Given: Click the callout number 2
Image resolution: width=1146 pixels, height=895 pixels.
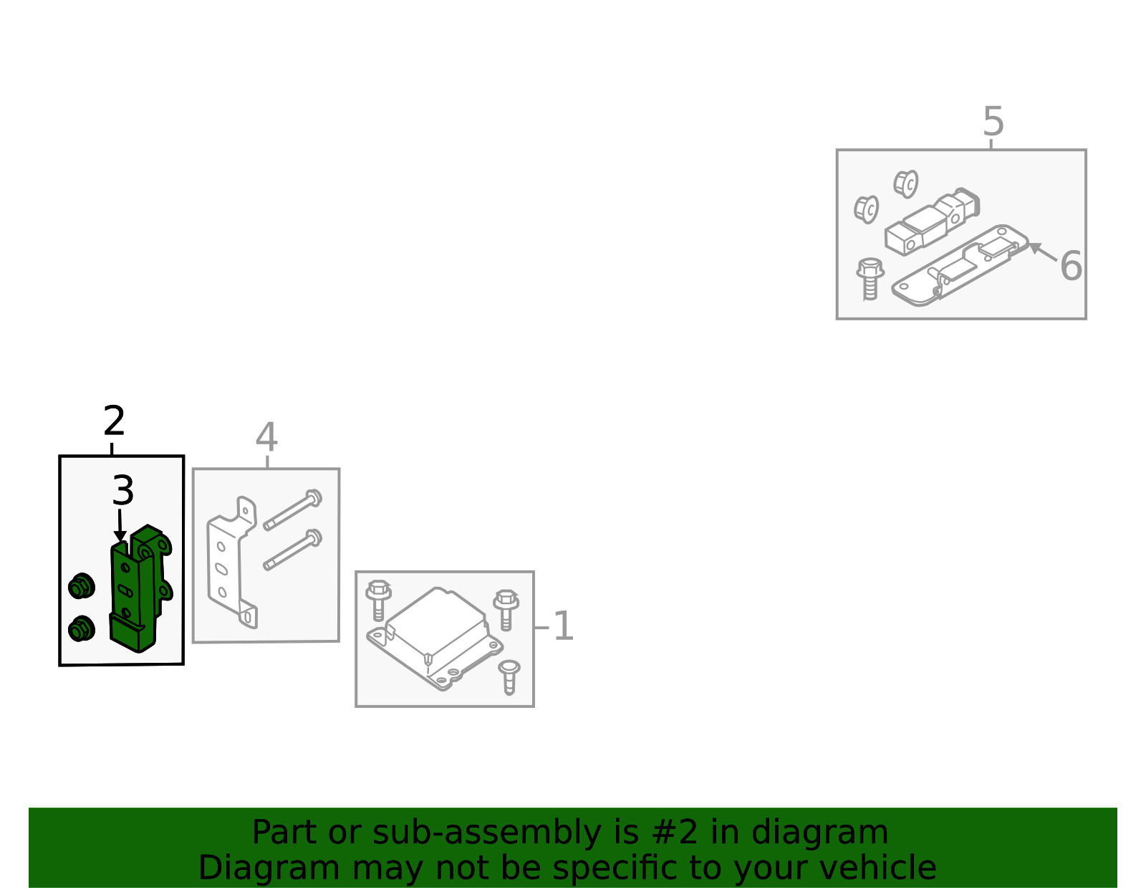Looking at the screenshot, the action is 114,421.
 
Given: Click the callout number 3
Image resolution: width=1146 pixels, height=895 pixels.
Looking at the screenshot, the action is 123,490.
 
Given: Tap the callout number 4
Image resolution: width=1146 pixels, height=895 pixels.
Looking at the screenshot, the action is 267,436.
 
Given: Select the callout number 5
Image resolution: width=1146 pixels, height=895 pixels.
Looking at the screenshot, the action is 993,121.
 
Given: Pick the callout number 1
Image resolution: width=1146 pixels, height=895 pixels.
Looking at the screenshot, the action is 563,626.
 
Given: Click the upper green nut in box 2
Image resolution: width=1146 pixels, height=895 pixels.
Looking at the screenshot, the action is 81,586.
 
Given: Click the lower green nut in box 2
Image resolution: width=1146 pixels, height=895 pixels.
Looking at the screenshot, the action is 81,628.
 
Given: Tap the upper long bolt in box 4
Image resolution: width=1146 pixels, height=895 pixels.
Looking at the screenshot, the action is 293,509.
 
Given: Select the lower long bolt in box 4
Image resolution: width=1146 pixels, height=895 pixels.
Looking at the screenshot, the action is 293,550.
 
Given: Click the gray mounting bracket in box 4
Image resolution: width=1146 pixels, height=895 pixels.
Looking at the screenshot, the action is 233,563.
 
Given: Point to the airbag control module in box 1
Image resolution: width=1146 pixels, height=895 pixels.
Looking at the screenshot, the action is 435,638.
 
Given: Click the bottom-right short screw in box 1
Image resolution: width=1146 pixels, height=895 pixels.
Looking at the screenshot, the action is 509,677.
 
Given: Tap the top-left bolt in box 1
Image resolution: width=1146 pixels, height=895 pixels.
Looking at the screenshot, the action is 378,600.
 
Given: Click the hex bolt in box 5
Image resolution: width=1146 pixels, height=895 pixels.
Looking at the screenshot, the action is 870,279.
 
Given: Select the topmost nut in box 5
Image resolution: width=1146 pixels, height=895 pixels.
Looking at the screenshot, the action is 906,184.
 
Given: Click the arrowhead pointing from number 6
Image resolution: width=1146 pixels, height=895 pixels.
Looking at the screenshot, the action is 1035,248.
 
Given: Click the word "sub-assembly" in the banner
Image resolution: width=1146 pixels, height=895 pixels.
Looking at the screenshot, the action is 487,832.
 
